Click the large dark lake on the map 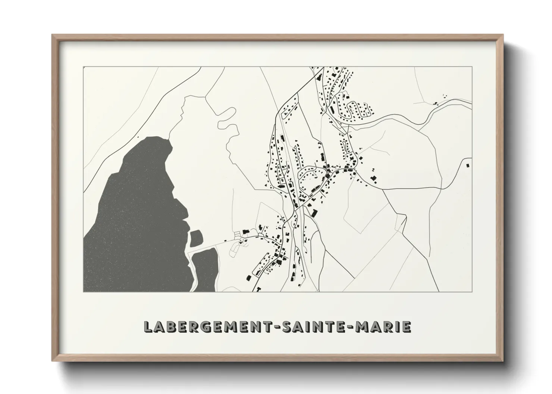134,216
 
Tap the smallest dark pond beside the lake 196,238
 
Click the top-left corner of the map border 84,67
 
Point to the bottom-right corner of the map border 472,292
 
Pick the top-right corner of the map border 472,67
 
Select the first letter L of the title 148,327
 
